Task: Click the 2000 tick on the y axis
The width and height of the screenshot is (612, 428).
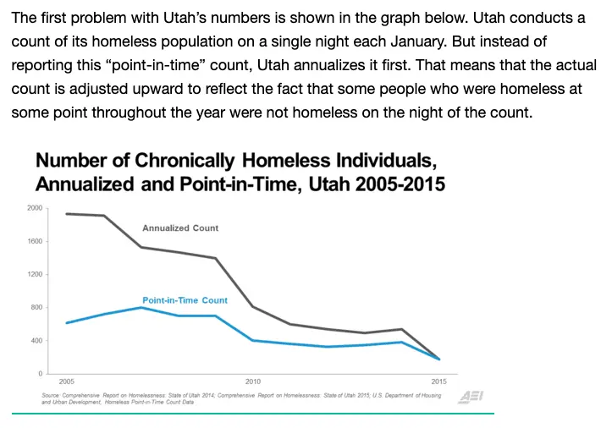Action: pyautogui.click(x=35, y=208)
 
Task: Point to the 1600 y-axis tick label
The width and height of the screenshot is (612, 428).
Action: pyautogui.click(x=35, y=241)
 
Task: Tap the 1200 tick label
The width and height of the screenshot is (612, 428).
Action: pyautogui.click(x=35, y=274)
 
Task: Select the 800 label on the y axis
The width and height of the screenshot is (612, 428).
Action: pyautogui.click(x=36, y=307)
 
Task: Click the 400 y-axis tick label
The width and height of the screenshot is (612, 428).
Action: pyautogui.click(x=36, y=341)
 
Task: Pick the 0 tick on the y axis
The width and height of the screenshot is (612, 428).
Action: pyautogui.click(x=40, y=373)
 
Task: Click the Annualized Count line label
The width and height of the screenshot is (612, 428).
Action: pyautogui.click(x=180, y=228)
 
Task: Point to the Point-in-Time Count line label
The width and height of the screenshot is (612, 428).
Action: pyautogui.click(x=185, y=300)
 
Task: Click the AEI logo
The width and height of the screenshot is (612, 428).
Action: pyautogui.click(x=470, y=397)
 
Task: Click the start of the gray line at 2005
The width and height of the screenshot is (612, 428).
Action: pyautogui.click(x=66, y=214)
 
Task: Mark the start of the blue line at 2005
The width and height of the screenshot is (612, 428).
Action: pyautogui.click(x=66, y=322)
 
